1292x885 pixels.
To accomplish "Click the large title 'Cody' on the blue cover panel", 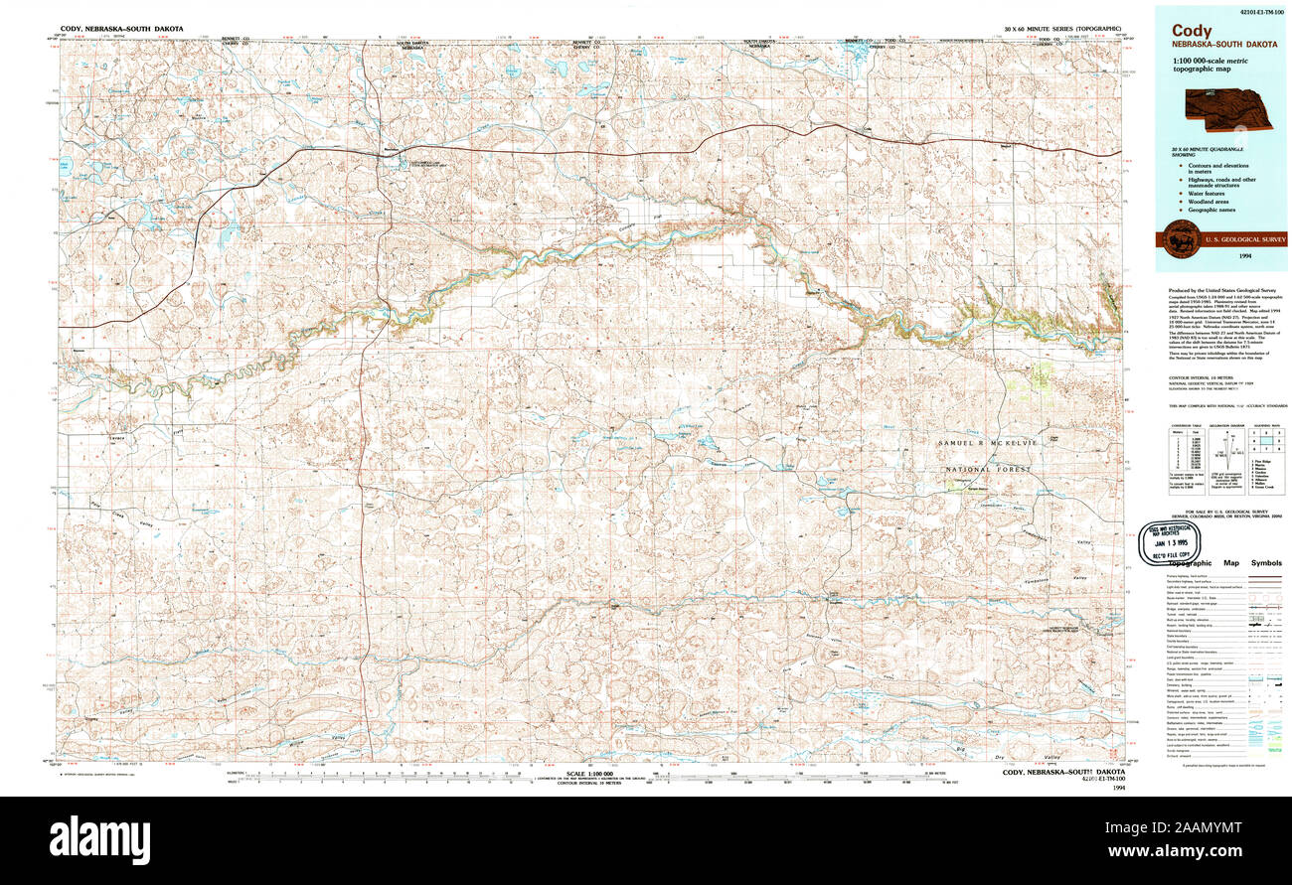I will coord(1191,31).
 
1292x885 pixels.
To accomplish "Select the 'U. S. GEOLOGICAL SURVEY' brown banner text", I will coord(1244,239).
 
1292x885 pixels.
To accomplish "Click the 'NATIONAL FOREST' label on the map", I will coord(988,468).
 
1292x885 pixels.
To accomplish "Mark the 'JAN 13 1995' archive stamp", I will coord(1176,543).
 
